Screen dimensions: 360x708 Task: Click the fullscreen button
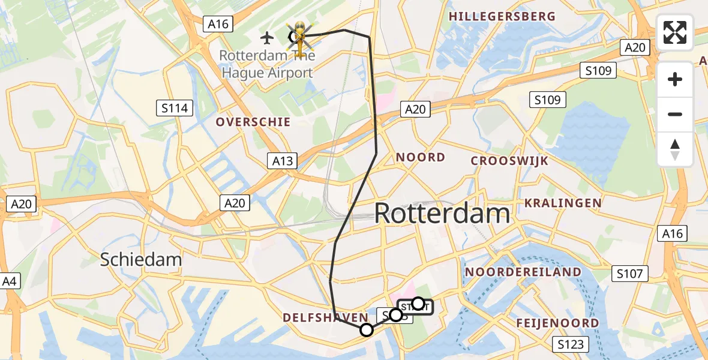pyautogui.click(x=675, y=32)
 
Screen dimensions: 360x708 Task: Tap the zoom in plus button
pyautogui.click(x=675, y=79)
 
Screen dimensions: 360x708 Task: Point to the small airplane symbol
pyautogui.click(x=268, y=38)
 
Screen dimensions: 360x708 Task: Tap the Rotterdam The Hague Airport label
pyautogui.click(x=266, y=64)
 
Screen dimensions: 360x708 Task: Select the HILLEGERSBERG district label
pyautogui.click(x=502, y=16)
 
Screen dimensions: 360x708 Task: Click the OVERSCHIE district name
pyautogui.click(x=253, y=122)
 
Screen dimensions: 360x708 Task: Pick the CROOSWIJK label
pyautogui.click(x=510, y=161)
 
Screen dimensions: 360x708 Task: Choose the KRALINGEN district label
pyautogui.click(x=563, y=203)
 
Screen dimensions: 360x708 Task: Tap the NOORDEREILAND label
pyautogui.click(x=523, y=272)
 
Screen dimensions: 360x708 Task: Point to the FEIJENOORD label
pyautogui.click(x=557, y=323)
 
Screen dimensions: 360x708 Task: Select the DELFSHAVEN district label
pyautogui.click(x=325, y=317)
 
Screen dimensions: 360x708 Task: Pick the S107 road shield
pyautogui.click(x=630, y=274)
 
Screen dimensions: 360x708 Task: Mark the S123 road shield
pyautogui.click(x=571, y=344)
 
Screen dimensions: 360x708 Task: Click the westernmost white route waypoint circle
pyautogui.click(x=367, y=329)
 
